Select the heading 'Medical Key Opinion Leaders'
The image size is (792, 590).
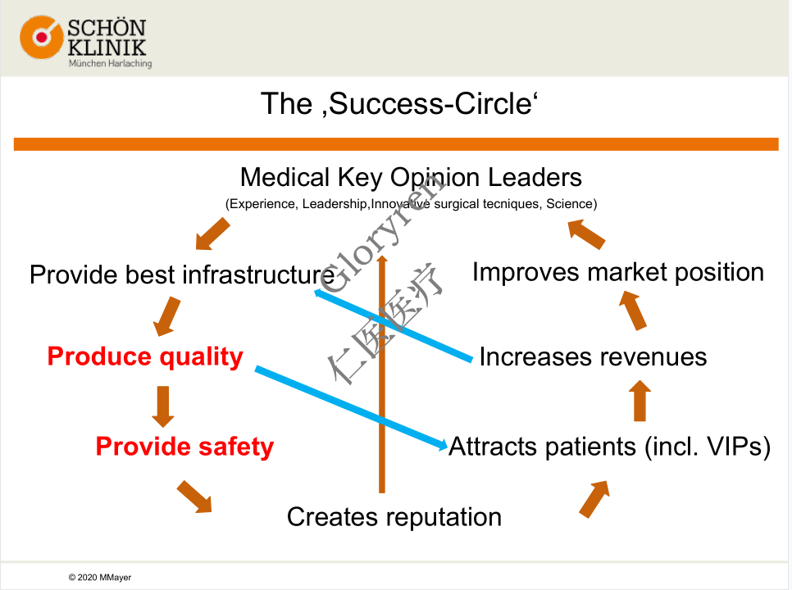click(411, 177)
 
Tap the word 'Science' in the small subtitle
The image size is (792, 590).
click(572, 203)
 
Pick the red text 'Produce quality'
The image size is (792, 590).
click(145, 356)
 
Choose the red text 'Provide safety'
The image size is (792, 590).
click(184, 447)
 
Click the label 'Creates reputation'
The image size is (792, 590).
click(394, 517)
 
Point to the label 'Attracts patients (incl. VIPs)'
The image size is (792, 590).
click(609, 447)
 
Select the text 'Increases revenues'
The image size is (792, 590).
click(593, 356)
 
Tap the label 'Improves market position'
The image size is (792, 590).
click(617, 272)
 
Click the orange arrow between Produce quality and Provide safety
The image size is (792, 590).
click(163, 404)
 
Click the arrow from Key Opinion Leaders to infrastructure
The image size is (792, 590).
click(212, 234)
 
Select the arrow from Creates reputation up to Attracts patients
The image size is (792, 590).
click(594, 498)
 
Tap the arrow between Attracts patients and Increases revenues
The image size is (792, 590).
click(641, 402)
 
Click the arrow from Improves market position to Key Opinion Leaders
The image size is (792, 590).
click(588, 234)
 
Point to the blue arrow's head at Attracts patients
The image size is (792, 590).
click(439, 444)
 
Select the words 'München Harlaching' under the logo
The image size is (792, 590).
click(110, 63)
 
